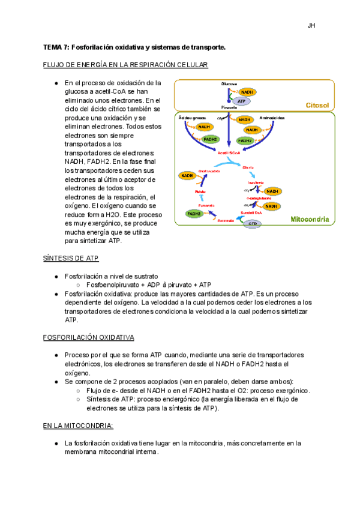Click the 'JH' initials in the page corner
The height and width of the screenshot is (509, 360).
coord(311,26)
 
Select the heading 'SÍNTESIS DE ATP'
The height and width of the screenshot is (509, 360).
coord(71,258)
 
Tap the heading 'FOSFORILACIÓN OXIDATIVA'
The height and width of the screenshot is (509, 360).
coord(88,338)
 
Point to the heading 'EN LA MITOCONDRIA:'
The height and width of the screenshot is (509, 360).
coord(78,426)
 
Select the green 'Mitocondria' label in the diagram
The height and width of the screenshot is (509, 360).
coord(310,220)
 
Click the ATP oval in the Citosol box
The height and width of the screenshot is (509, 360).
coord(242,101)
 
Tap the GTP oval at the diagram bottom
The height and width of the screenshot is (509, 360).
coord(253,223)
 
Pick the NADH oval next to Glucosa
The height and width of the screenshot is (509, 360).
coord(247,92)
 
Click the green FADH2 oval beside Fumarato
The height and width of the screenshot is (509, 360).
coord(194,213)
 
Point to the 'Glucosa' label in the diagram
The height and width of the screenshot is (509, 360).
coord(229,83)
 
